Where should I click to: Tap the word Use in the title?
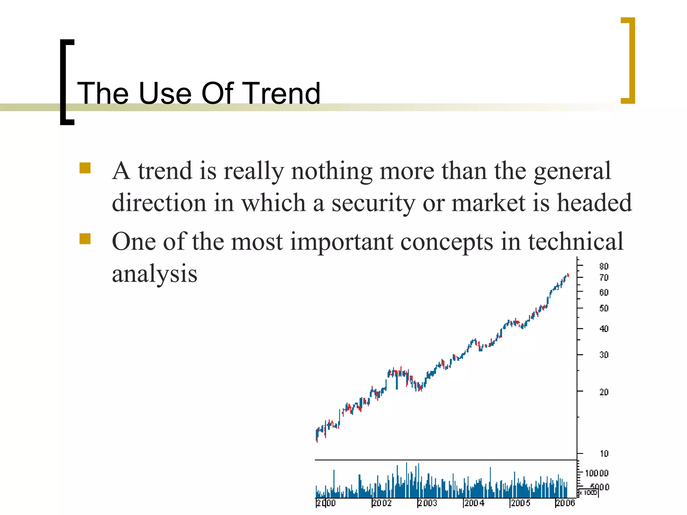[x=165, y=93]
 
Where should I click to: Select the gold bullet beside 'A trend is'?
[x=85, y=168]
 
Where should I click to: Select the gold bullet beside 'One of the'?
[x=85, y=239]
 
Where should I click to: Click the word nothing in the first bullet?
[x=331, y=171]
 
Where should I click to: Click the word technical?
[x=576, y=241]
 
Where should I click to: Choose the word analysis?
[x=154, y=274]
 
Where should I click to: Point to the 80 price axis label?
[x=604, y=266]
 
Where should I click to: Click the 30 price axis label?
[x=604, y=355]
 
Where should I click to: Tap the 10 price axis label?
[x=604, y=454]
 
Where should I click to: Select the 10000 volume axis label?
[x=596, y=473]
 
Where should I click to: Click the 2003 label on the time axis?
[x=428, y=503]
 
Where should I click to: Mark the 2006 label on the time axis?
[x=566, y=503]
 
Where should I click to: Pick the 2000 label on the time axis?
[x=326, y=503]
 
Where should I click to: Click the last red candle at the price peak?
[x=568, y=275]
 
